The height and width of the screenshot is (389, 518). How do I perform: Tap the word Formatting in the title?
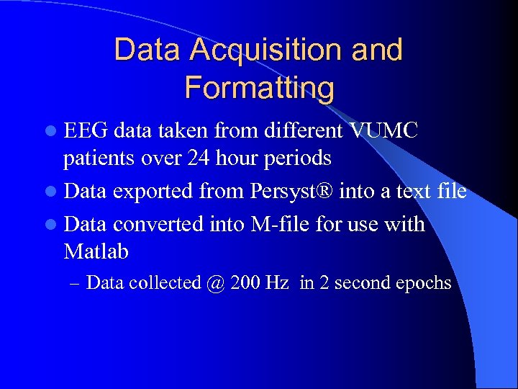(x=259, y=88)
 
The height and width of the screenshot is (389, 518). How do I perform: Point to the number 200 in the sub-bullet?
(x=245, y=283)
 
